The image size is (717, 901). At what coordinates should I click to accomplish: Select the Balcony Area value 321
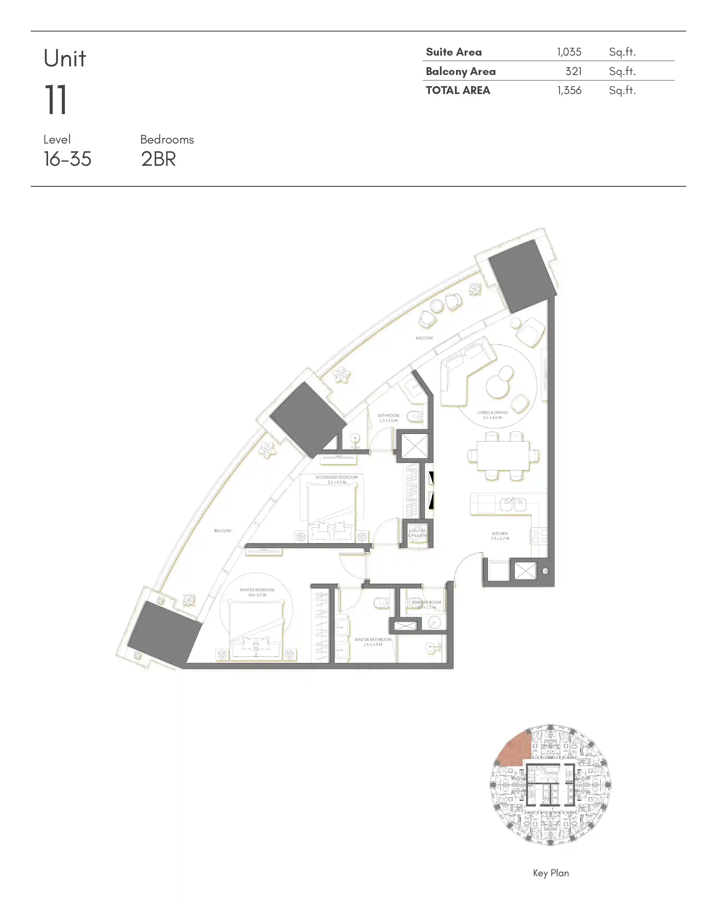pyautogui.click(x=573, y=71)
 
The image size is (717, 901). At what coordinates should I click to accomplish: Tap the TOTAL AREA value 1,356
pyautogui.click(x=569, y=90)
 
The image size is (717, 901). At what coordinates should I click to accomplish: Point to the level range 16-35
pyautogui.click(x=67, y=159)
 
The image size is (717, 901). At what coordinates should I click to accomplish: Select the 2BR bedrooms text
pyautogui.click(x=158, y=159)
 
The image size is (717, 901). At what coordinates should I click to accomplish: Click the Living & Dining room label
pyautogui.click(x=492, y=414)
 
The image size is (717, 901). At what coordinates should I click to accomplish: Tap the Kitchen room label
pyautogui.click(x=500, y=536)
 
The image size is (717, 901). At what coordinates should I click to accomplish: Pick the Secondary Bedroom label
pyautogui.click(x=336, y=479)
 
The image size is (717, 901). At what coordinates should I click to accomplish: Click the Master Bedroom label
pyautogui.click(x=257, y=592)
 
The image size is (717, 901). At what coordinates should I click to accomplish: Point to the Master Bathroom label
pyautogui.click(x=373, y=642)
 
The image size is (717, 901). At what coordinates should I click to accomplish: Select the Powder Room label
pyautogui.click(x=426, y=604)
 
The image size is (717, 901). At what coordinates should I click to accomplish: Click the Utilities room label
pyautogui.click(x=417, y=533)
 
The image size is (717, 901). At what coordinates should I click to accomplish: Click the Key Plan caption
pyautogui.click(x=550, y=873)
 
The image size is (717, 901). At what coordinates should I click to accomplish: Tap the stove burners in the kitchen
pyautogui.click(x=539, y=536)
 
